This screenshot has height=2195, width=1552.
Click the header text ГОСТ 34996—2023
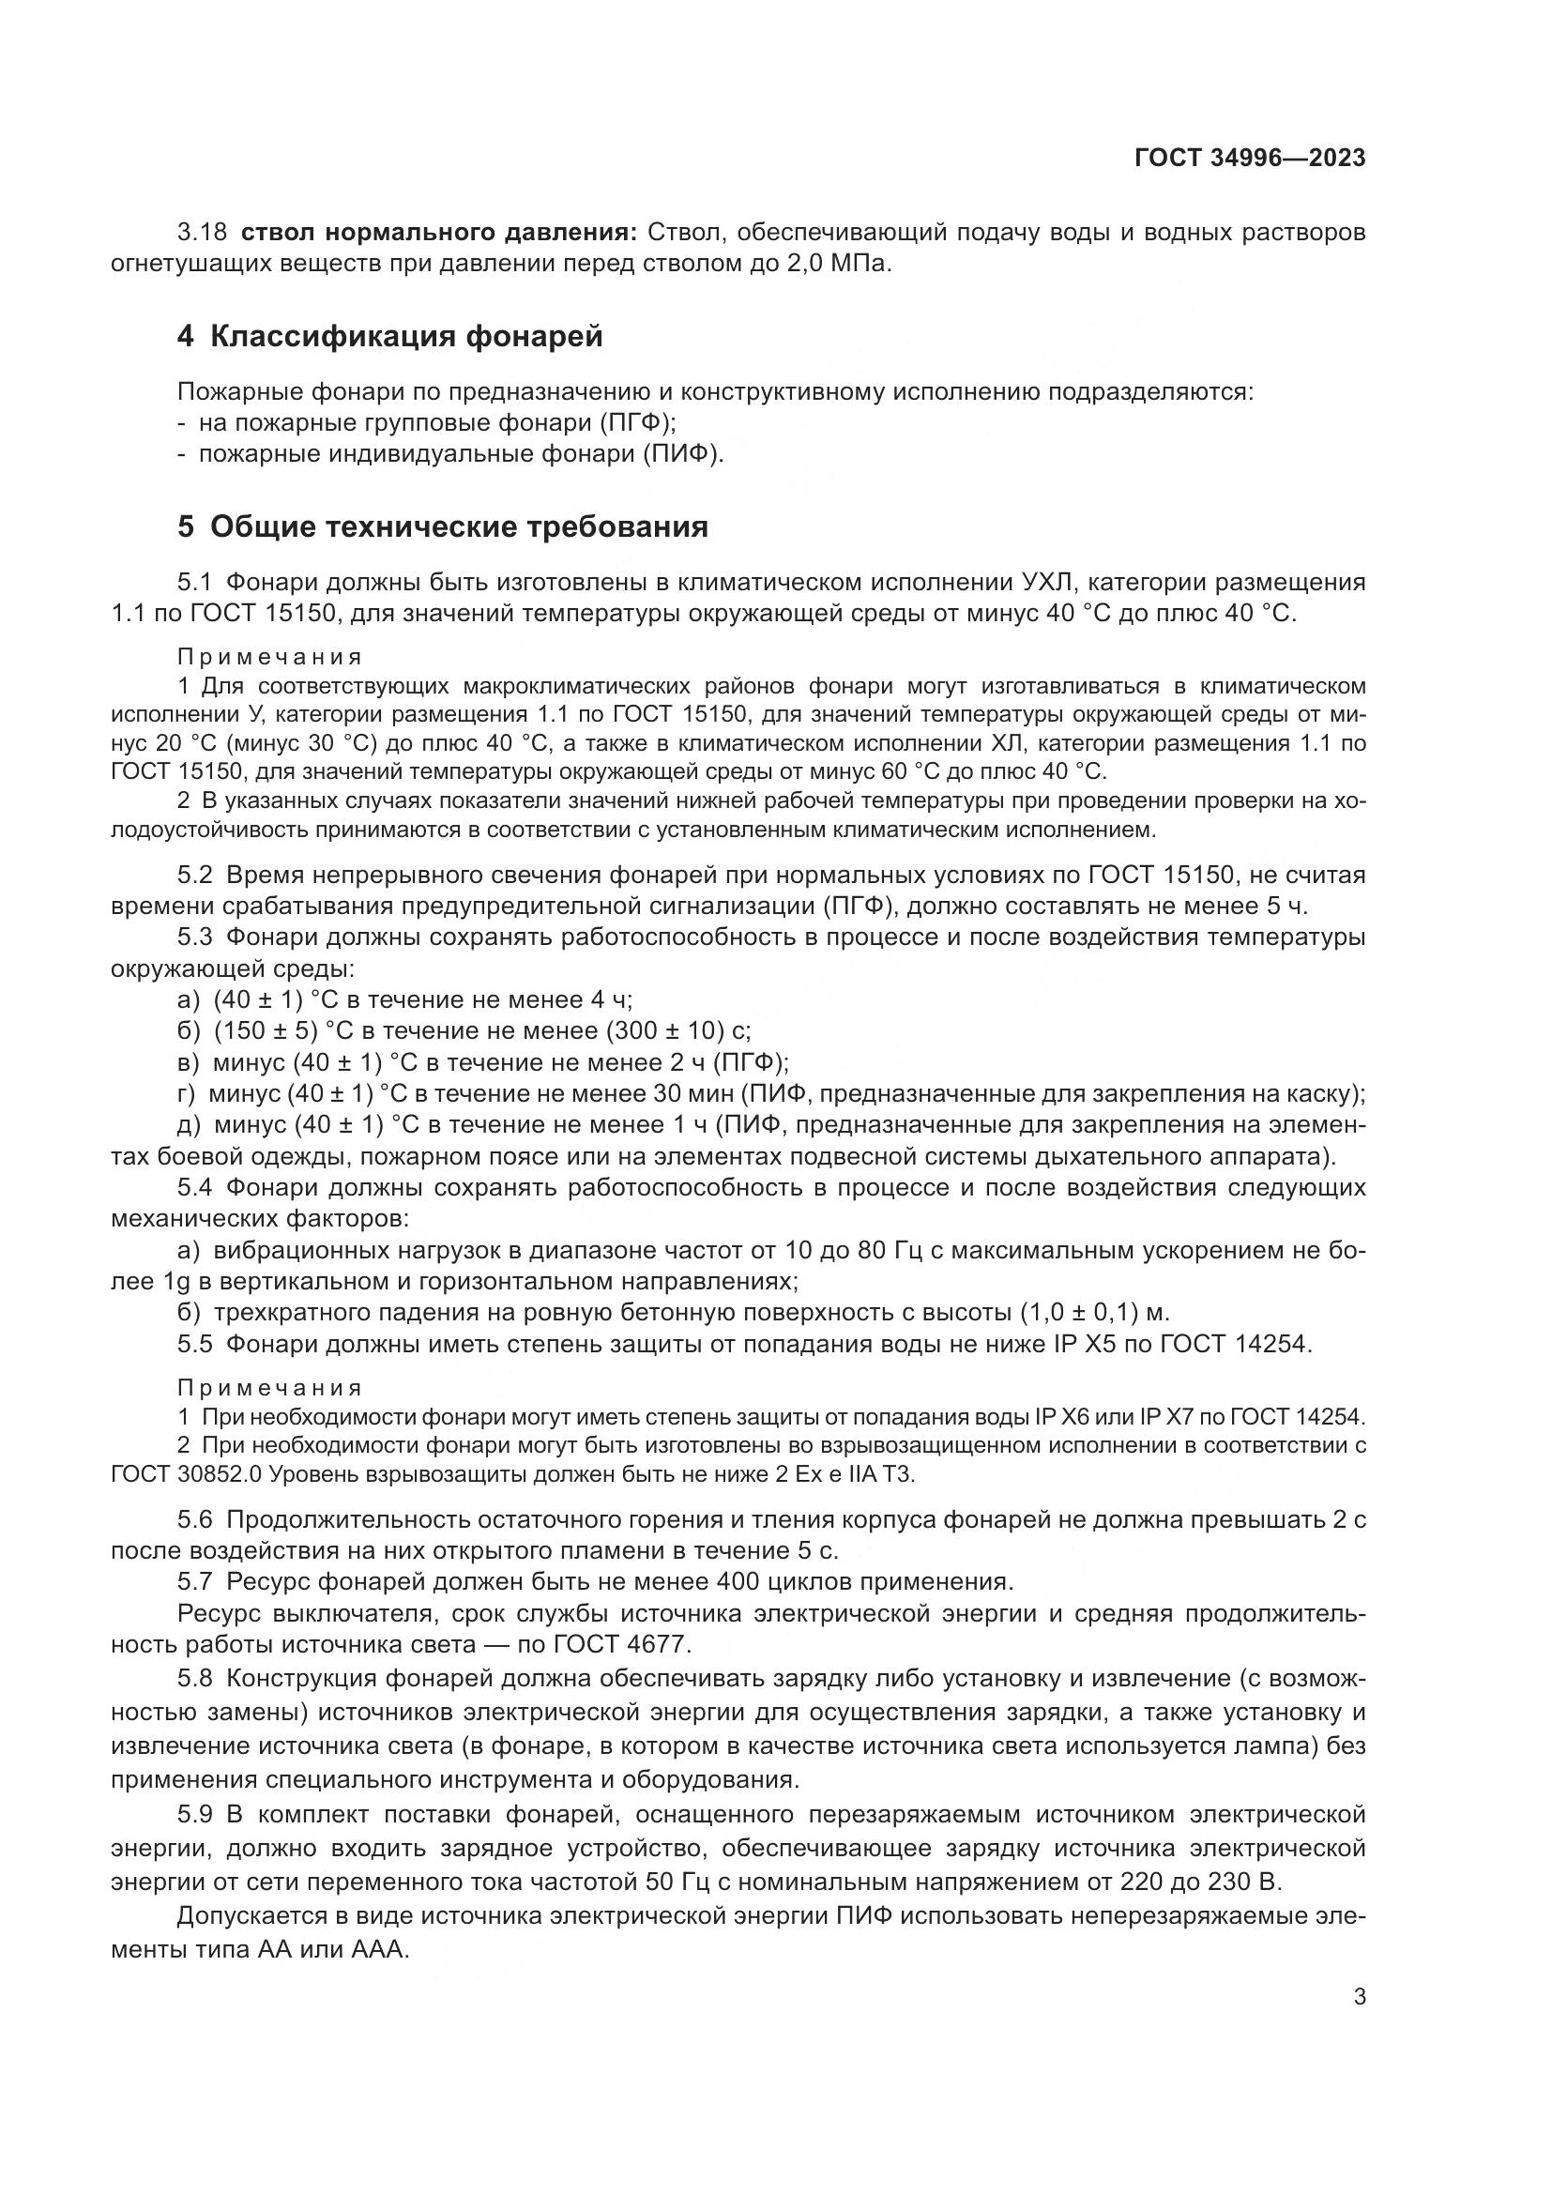tap(1249, 159)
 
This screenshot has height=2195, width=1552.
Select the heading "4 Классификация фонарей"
tap(390, 337)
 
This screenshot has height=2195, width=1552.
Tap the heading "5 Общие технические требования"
tap(443, 526)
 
